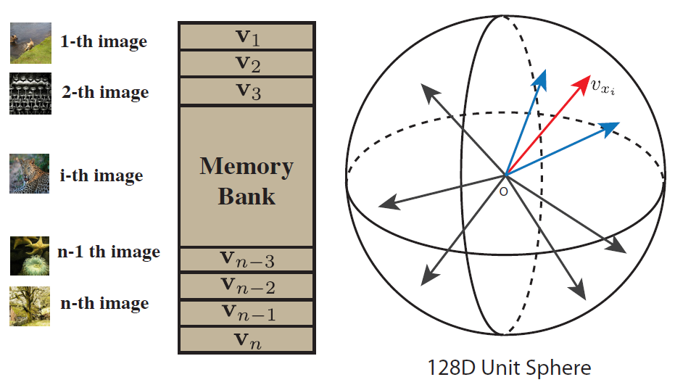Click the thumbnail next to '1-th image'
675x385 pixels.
pos(30,43)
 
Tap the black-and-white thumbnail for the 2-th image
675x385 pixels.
pos(30,94)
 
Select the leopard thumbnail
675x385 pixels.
pos(30,174)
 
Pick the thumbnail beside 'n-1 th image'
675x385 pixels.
pos(30,255)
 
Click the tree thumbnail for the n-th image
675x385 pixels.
pos(30,305)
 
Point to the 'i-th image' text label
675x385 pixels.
pos(101,175)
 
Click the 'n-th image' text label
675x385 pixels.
pos(104,303)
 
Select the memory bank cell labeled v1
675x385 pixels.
pos(245,36)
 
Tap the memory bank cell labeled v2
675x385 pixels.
pos(245,64)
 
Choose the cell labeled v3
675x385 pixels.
pos(245,91)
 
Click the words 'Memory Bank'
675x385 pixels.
pos(246,181)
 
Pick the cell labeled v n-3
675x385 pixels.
pos(245,259)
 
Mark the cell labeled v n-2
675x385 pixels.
pos(245,286)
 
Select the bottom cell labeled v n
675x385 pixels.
pos(245,339)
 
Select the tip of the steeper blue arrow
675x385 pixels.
pos(540,75)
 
